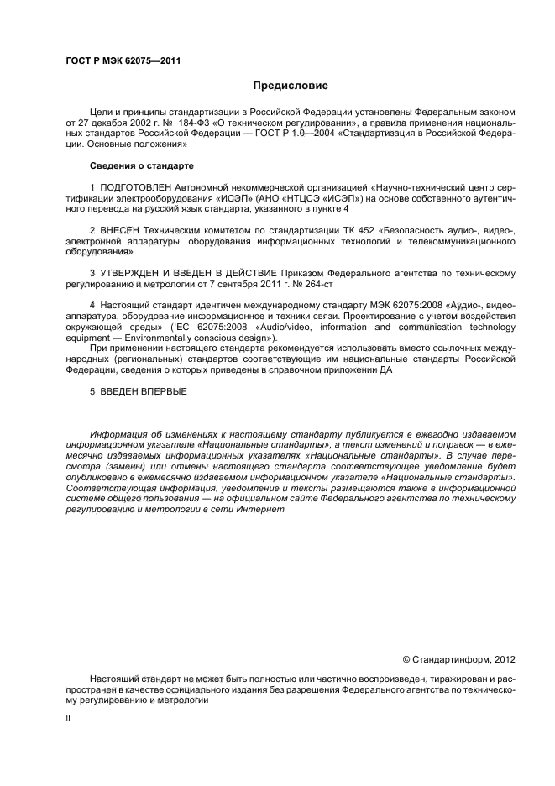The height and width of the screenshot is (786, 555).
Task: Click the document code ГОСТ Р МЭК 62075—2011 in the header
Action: coord(123,60)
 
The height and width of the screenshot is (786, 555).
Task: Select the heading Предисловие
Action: coord(291,86)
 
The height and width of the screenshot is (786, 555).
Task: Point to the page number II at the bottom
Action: coord(68,719)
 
